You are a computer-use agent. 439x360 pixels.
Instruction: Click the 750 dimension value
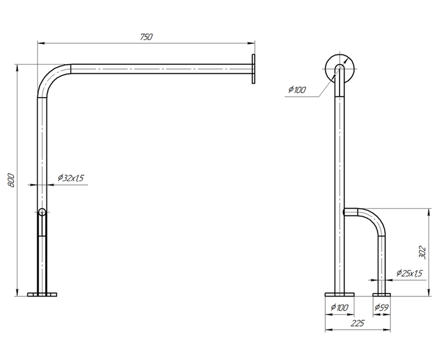pyautogui.click(x=146, y=37)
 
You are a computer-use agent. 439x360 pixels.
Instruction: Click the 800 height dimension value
pyautogui.click(x=10, y=181)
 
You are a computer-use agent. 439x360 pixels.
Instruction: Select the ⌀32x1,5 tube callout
pyautogui.click(x=71, y=178)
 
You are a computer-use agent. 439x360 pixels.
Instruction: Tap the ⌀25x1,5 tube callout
pyautogui.click(x=409, y=273)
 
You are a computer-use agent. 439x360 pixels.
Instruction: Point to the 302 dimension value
pyautogui.click(x=423, y=253)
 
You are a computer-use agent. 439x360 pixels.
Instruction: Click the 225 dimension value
pyautogui.click(x=357, y=323)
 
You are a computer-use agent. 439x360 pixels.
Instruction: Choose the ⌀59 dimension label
pyautogui.click(x=382, y=308)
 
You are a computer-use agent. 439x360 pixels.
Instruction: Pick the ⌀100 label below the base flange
pyautogui.click(x=340, y=308)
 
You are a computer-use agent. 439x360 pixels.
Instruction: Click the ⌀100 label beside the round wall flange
pyautogui.click(x=297, y=90)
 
